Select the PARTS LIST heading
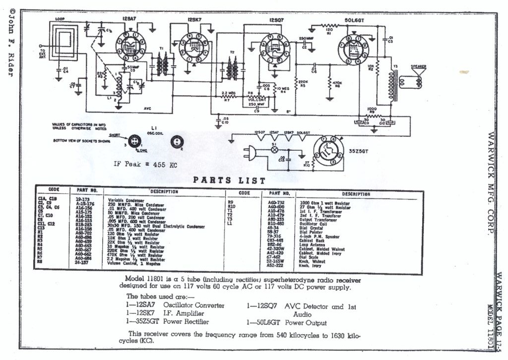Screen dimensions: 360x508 coord(229,180)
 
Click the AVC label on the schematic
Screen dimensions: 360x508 coord(147,108)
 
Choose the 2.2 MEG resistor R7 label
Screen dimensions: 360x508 coord(228,95)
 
